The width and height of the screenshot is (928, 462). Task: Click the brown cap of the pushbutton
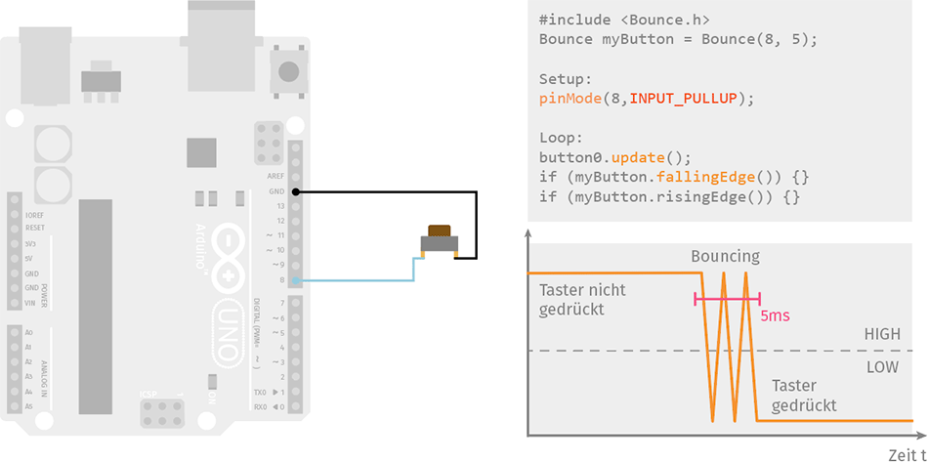pos(440,231)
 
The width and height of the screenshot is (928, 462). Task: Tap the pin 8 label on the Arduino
pos(280,280)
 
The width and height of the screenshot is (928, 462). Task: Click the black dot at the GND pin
pos(296,192)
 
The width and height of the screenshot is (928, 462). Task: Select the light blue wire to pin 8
pos(361,280)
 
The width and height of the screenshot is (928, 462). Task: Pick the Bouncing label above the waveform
pos(725,256)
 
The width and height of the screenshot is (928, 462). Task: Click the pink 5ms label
pos(775,316)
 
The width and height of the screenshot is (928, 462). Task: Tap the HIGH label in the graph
pos(882,334)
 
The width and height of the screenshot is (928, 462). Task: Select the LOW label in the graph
pos(882,367)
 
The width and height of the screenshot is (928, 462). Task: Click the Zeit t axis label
pos(906,454)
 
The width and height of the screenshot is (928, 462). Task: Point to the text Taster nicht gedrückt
pos(582,299)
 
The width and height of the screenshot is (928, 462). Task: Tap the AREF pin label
pos(275,176)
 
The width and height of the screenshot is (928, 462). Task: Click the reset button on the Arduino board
pos(289,70)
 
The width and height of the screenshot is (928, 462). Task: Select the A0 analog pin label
pos(28,332)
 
